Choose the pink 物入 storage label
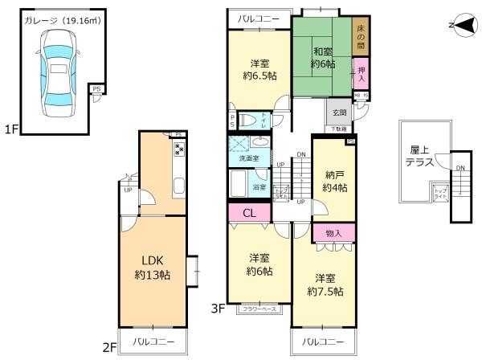pos(333,232)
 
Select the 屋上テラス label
pos(421,155)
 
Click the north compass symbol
pos(457,26)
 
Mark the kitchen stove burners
pos(179,149)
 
